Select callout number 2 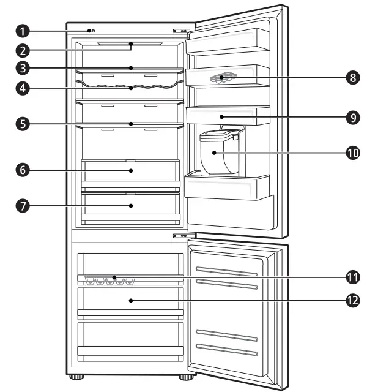coord(22,50)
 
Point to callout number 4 coord(22,88)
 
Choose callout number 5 coord(22,123)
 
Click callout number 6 coord(22,170)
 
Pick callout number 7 coord(22,205)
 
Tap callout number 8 coord(352,78)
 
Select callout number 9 coord(352,117)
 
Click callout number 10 coord(352,153)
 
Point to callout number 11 coord(352,277)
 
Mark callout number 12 coord(352,301)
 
